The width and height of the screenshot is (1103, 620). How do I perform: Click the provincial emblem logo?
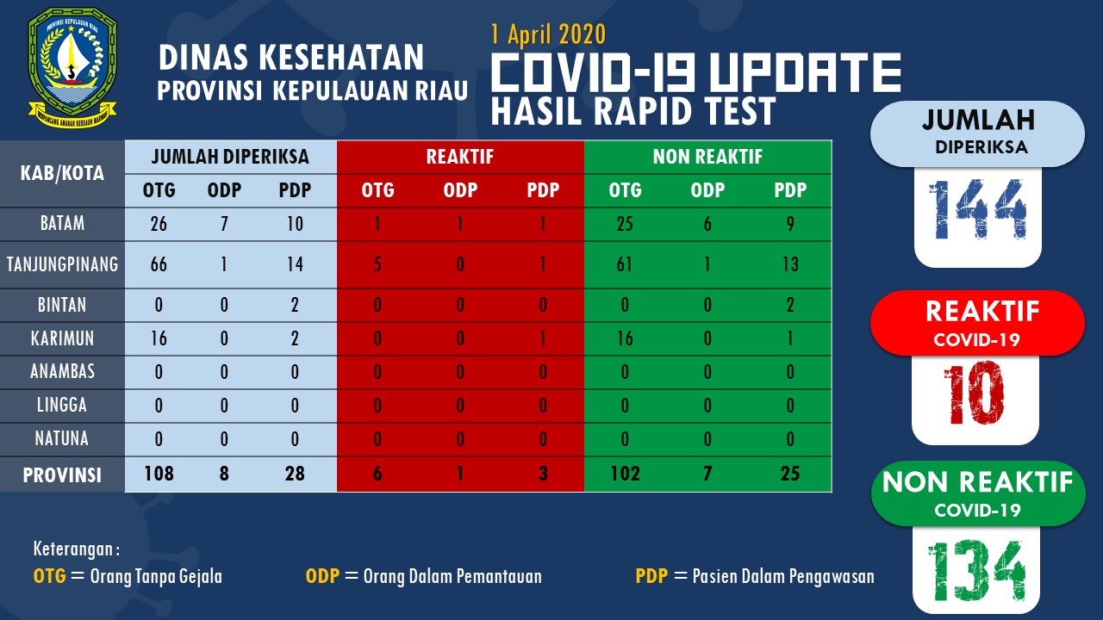point(72,67)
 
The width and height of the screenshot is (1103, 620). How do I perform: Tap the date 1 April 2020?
point(548,34)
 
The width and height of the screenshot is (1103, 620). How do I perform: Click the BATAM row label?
point(62,223)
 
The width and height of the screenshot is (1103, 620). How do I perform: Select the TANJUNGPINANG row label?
point(62,264)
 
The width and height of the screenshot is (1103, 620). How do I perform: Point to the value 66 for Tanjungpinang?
point(159,264)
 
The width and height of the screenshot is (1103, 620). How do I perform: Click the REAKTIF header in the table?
point(459,157)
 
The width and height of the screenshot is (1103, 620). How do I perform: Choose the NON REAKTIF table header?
point(707,157)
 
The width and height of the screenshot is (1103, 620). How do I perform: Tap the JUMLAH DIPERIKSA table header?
point(230,157)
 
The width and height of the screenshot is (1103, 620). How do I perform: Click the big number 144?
point(977,210)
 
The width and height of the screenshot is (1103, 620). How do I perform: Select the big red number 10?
point(974,394)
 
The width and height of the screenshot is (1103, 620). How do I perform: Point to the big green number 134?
point(975,571)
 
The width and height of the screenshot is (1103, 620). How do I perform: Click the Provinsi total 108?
point(159,474)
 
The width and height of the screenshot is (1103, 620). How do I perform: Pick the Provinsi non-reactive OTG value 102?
point(625,474)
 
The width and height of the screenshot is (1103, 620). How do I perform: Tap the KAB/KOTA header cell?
point(62,173)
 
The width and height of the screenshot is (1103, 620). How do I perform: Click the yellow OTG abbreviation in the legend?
point(49,576)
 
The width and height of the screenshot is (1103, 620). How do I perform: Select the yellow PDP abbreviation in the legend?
point(651,576)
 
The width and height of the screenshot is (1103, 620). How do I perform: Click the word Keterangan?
point(73,549)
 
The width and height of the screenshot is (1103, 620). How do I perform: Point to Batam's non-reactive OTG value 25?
point(625,224)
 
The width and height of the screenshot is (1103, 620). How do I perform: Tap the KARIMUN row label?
point(62,338)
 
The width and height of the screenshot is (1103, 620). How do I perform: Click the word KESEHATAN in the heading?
point(340,58)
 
